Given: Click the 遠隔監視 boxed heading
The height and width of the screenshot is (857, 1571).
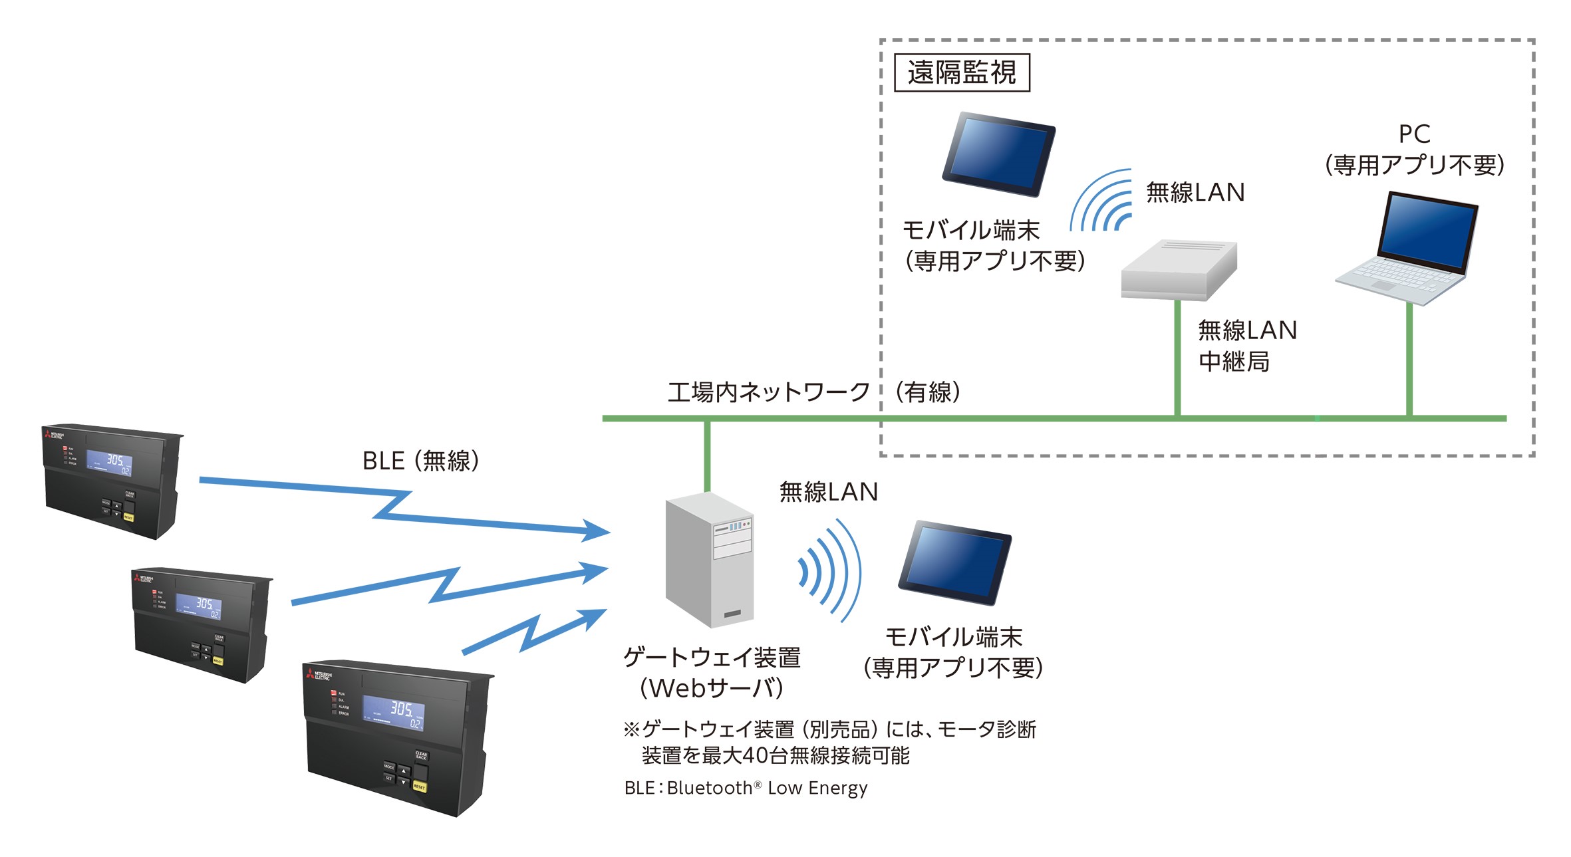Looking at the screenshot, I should tap(962, 72).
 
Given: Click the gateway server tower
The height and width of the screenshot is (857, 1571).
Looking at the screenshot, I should tap(710, 560).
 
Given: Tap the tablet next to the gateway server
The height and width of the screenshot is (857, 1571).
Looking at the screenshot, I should tap(955, 562).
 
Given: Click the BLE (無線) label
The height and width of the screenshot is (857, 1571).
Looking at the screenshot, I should tap(420, 461).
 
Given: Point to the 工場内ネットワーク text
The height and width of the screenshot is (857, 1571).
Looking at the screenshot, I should tap(769, 392).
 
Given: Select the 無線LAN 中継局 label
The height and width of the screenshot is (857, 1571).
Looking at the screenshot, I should tap(1247, 346).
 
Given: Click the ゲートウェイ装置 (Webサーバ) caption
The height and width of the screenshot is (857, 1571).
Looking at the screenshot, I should tap(712, 673).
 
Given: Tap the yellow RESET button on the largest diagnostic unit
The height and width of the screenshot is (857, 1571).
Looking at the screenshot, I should tap(420, 787).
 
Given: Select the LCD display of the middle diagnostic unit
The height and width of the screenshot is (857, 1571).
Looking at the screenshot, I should tap(198, 606).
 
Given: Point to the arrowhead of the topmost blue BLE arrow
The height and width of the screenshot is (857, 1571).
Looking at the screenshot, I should tap(599, 531).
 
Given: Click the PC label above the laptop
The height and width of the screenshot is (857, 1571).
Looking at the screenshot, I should tap(1414, 134).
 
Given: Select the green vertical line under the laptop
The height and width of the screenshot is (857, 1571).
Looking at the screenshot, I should tap(1409, 359).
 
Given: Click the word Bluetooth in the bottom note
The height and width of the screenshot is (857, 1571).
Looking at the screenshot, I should tap(710, 788).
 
